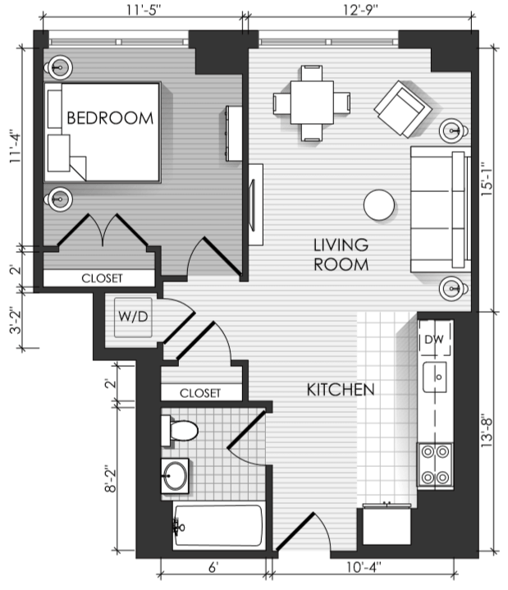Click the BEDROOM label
pyautogui.click(x=110, y=118)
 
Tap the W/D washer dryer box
pyautogui.click(x=133, y=318)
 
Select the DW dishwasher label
pyautogui.click(x=434, y=340)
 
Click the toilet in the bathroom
pyautogui.click(x=180, y=431)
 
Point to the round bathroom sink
pyautogui.click(x=175, y=476)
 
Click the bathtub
pyautogui.click(x=217, y=526)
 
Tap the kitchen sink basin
pyautogui.click(x=435, y=377)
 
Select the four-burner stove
pyautogui.click(x=435, y=464)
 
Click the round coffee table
pyautogui.click(x=379, y=204)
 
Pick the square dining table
pyautogui.click(x=312, y=103)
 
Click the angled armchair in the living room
pyautogui.click(x=403, y=109)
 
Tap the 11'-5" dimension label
pyautogui.click(x=144, y=10)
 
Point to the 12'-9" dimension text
pyautogui.click(x=360, y=10)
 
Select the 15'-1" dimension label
pyautogui.click(x=487, y=179)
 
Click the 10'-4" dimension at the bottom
pyautogui.click(x=364, y=567)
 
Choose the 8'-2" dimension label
pyautogui.click(x=111, y=478)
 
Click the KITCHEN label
pyautogui.click(x=341, y=390)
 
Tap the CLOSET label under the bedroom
pyautogui.click(x=102, y=278)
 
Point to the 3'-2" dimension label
pyautogui.click(x=16, y=320)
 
